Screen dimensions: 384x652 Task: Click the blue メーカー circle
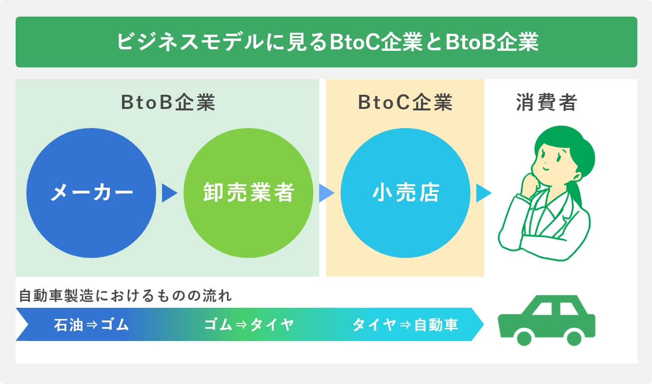click(92, 193)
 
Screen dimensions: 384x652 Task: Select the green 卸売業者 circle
click(248, 193)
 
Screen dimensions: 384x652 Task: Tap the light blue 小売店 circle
click(406, 193)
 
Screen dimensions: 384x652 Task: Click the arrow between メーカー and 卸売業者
click(168, 193)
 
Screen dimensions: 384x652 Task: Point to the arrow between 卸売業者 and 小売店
click(326, 193)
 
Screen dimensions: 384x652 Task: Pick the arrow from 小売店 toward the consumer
click(483, 193)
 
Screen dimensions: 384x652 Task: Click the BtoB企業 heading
click(167, 103)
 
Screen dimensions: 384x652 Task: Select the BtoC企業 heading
click(405, 103)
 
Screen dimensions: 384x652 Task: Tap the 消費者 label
click(547, 103)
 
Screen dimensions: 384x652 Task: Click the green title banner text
click(326, 42)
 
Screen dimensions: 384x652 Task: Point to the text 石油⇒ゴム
click(91, 325)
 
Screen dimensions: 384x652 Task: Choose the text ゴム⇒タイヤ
click(248, 325)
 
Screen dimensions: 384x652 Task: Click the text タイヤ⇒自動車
click(405, 325)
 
